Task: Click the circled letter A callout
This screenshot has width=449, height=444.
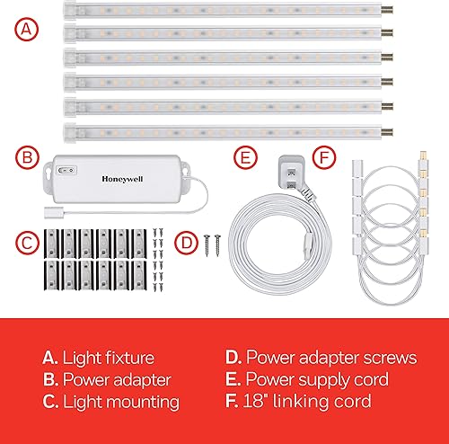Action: tap(29, 29)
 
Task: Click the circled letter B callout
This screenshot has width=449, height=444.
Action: tap(29, 159)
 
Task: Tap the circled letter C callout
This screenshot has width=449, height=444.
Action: tap(29, 241)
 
